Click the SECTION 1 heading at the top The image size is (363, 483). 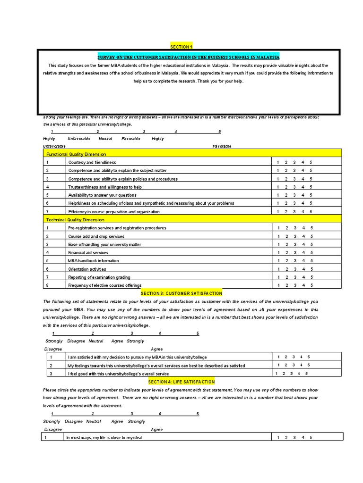pos(181,47)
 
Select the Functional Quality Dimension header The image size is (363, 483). pos(76,154)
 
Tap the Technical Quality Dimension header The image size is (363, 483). pos(75,220)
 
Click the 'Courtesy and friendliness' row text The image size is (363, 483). pos(92,162)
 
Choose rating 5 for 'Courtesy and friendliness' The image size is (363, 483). pos(311,162)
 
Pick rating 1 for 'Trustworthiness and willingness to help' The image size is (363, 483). pos(278,187)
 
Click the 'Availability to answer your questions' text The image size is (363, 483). pos(102,195)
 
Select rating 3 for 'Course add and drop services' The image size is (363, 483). pos(294,236)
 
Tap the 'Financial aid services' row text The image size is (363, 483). pos(88,253)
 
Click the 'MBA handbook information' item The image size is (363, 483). pos(94,261)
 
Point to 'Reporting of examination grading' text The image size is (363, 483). pos(99,277)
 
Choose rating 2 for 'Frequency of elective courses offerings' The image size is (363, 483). pos(286,285)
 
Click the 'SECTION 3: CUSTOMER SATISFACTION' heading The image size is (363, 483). pos(181,293)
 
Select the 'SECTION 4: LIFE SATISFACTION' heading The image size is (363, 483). pos(181,382)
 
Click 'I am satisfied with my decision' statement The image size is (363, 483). pos(137,357)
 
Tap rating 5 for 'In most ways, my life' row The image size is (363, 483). pos(311,438)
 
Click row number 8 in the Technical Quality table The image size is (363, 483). pos(47,285)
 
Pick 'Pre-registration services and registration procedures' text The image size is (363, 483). pos(117,228)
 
